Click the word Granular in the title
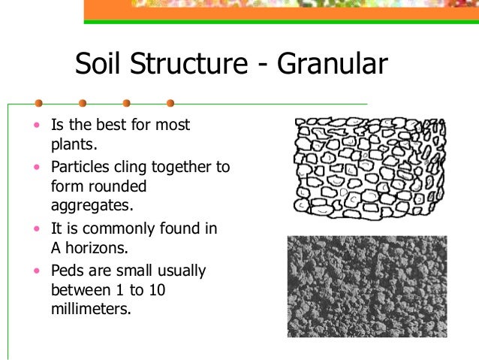pos(332,65)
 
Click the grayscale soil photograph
pos(366,286)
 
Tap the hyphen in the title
pos(264,68)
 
